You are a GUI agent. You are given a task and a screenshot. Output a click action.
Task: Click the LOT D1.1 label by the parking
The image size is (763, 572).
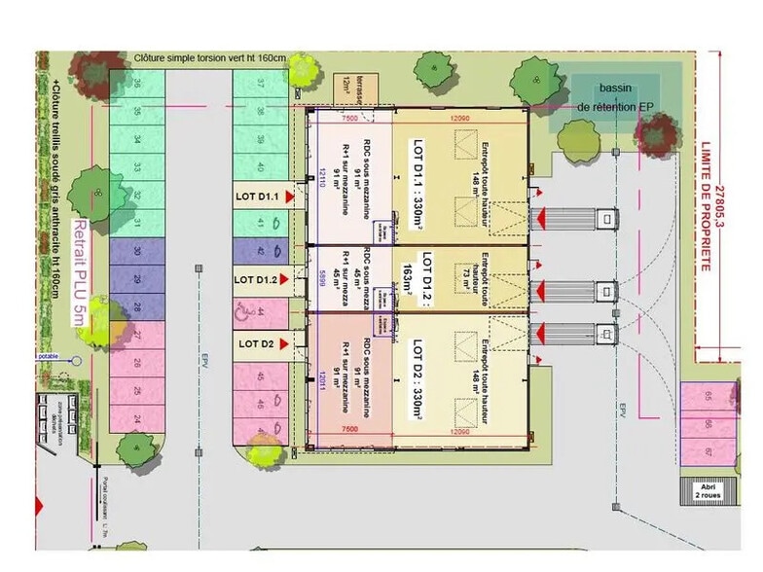pos(257,197)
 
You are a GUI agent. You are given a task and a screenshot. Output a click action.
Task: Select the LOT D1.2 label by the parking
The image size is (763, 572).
pos(257,279)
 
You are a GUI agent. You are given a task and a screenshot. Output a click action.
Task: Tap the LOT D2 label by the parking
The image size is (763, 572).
pos(255,342)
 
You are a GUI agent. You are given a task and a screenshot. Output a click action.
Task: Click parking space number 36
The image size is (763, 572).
pos(137,86)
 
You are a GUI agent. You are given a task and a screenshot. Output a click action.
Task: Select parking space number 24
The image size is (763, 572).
pos(135,420)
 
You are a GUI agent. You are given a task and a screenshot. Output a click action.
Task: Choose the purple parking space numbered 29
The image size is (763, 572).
pos(136,280)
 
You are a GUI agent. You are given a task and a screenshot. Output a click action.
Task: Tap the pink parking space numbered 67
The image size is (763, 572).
pos(707,451)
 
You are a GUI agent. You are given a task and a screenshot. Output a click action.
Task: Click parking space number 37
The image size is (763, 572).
pos(261,86)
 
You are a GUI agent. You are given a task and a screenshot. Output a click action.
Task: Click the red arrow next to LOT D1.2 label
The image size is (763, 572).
pos(289,279)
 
